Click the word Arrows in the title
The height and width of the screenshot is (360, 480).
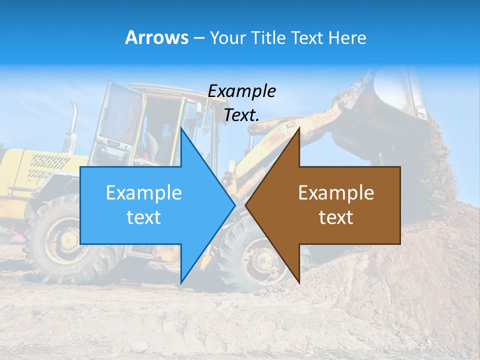[156, 37]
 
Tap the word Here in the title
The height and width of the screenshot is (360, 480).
[347, 37]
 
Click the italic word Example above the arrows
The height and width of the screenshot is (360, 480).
[242, 91]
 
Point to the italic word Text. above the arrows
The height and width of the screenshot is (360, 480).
[242, 115]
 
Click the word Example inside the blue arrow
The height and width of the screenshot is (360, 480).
[144, 193]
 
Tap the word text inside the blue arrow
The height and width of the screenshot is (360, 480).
[144, 217]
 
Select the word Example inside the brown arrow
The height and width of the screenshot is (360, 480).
[336, 193]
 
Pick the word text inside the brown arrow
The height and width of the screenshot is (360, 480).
[336, 217]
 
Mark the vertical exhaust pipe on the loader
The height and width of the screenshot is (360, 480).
[73, 125]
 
